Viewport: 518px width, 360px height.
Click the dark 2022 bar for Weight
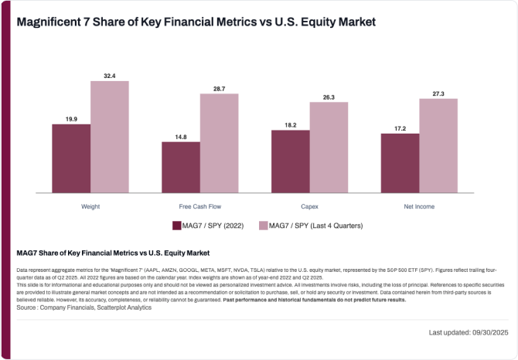(71, 158)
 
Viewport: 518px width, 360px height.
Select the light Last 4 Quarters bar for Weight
(109, 137)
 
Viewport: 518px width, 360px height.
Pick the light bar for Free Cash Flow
(219, 143)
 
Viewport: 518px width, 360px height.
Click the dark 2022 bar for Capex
(290, 161)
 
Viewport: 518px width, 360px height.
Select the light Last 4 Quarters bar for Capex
(329, 148)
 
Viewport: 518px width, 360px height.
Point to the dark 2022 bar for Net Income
(400, 163)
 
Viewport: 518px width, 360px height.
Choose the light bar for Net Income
(438, 145)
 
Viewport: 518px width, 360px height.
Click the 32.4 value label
(109, 76)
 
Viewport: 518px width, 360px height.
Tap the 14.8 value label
(181, 137)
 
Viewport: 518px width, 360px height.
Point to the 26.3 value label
(329, 97)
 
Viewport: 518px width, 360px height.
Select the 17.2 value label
(400, 128)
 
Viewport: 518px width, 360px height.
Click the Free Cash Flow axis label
(199, 207)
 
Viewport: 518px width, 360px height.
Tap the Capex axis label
(309, 207)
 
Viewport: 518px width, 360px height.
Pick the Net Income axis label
(418, 207)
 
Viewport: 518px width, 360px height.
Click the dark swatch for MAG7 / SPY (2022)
(176, 226)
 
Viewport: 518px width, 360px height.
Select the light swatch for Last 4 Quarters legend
(263, 226)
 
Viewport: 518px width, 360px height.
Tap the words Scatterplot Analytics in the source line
(125, 307)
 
